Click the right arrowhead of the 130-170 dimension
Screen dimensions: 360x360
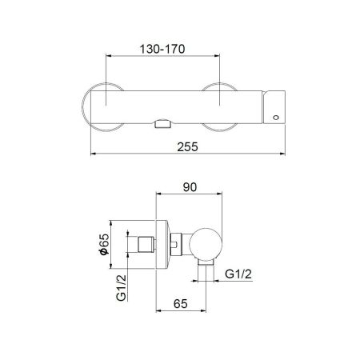[221, 56]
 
